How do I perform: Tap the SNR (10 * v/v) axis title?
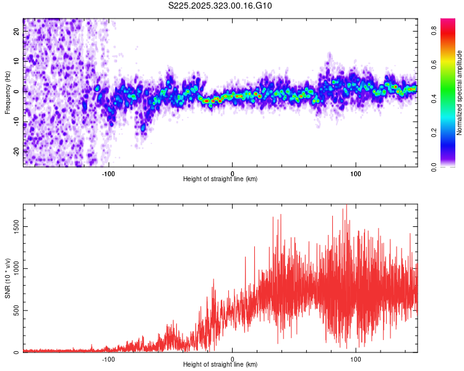(7, 278)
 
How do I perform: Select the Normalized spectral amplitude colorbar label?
(460, 93)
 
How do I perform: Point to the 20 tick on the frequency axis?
(17, 32)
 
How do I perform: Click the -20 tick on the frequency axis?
(17, 150)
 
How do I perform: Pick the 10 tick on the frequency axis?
(17, 61)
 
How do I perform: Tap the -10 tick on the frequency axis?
(17, 121)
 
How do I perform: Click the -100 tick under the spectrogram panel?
(109, 173)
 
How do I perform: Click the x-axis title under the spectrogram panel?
(220, 179)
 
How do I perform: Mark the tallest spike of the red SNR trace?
(346, 206)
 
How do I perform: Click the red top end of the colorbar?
(448, 20)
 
